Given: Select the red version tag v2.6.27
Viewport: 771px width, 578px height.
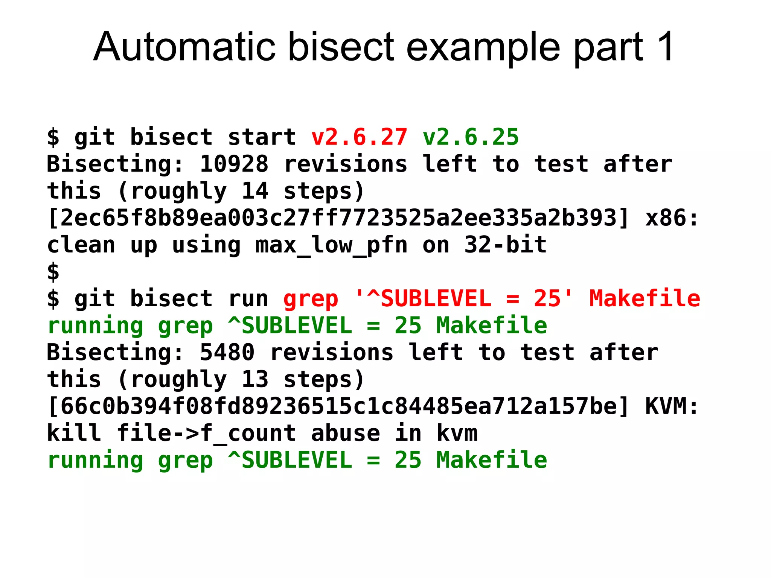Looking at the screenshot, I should coord(359,137).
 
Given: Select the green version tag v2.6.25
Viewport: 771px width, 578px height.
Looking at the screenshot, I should coord(471,137).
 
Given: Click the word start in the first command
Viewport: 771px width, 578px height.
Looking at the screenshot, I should coord(262,137).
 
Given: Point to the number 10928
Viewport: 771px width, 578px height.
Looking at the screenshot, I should coord(234,164).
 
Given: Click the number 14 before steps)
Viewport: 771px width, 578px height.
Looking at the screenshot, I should coord(254,191).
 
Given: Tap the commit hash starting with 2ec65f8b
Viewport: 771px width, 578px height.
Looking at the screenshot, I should coord(338,218).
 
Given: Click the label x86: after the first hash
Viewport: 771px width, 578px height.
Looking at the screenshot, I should coord(672,218).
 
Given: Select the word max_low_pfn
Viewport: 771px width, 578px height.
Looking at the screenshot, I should coord(331,245).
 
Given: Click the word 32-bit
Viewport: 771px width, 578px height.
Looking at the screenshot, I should coord(505,245).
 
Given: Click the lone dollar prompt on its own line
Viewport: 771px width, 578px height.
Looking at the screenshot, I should coord(53,272).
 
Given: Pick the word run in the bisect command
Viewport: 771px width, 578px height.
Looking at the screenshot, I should coord(248,298).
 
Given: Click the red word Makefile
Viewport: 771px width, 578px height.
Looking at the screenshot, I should coord(645,298).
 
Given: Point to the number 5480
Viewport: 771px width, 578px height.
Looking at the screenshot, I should coord(227,352).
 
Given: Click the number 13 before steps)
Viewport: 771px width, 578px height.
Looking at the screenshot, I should coord(254,379).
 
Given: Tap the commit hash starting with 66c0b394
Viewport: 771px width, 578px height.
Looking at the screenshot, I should coord(338,406).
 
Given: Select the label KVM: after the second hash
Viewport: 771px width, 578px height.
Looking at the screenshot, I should coord(672,406).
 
